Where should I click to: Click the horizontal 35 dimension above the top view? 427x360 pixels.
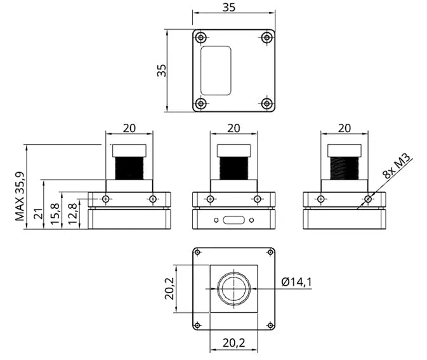click(234, 8)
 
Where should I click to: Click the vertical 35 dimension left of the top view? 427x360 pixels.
click(162, 70)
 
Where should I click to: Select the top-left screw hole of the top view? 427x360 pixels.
click(201, 37)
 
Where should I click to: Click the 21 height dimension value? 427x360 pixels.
click(39, 215)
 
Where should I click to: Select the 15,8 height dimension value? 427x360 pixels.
click(55, 215)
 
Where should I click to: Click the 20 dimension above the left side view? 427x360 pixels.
click(129, 128)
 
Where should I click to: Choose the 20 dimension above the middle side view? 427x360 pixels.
click(233, 128)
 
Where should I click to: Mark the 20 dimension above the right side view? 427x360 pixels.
click(345, 128)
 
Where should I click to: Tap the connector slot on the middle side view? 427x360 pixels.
click(234, 220)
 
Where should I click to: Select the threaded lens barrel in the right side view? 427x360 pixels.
click(344, 168)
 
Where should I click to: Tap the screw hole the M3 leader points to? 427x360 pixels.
click(368, 199)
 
